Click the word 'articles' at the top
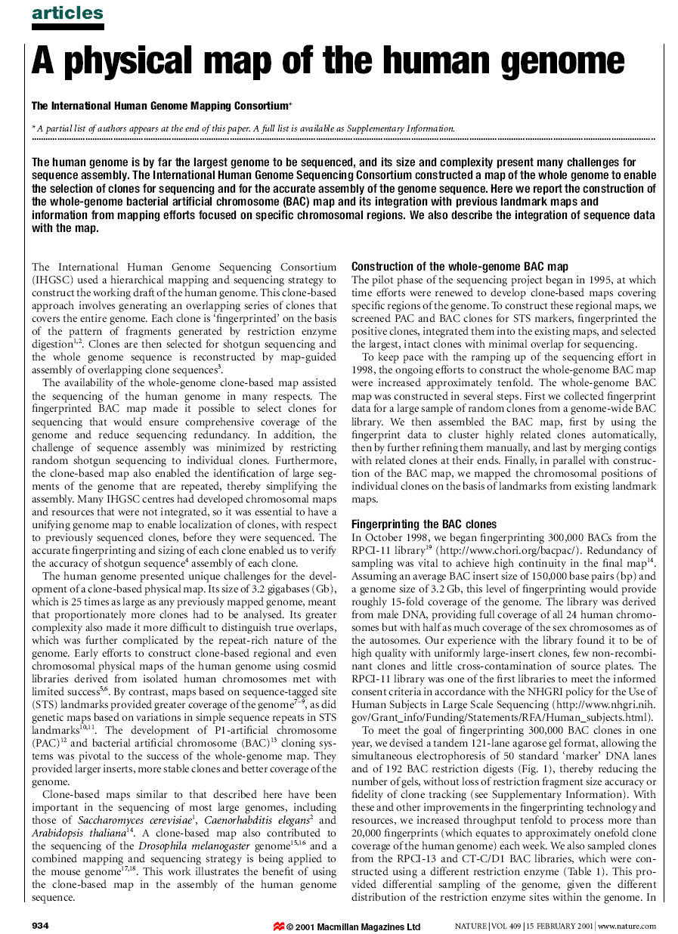67,13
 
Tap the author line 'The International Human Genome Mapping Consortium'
161,107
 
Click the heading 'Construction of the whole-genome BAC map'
460,267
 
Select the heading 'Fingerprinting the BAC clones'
424,524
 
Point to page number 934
41,926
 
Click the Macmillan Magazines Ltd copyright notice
353,926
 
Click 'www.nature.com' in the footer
627,926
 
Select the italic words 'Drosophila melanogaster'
202,846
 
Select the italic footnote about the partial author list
243,128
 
